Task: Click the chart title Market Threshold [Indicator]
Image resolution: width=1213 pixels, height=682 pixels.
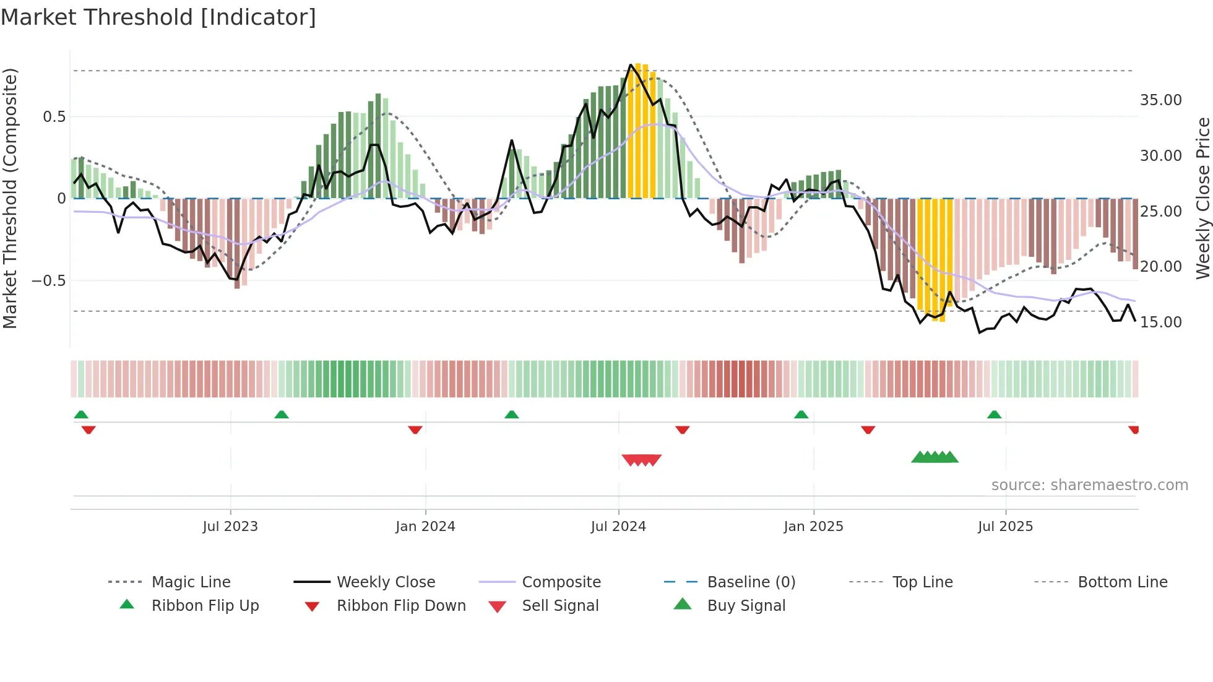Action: coord(158,17)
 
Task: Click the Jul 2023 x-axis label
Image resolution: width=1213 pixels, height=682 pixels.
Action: coord(230,527)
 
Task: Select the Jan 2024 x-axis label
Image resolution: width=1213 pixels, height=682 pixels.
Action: coord(425,527)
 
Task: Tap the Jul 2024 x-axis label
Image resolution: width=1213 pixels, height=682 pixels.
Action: coord(618,527)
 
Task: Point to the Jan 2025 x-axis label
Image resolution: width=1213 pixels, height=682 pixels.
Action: coord(813,527)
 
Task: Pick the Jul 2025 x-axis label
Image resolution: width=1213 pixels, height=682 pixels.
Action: coord(1006,527)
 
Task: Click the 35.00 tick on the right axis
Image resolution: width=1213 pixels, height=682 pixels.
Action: coord(1160,100)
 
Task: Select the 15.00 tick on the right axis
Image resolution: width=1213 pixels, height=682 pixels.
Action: coord(1160,322)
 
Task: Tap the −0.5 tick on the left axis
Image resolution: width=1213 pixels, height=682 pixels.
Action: coord(48,281)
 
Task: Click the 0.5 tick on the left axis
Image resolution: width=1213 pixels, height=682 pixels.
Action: coord(54,117)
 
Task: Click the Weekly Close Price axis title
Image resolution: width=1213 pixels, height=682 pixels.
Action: coord(1202,198)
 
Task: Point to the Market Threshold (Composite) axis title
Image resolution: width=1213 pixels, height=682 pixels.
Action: coord(10,198)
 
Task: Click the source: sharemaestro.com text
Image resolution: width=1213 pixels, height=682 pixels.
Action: coord(1089,485)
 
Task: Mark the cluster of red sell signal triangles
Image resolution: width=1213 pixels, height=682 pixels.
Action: coord(642,460)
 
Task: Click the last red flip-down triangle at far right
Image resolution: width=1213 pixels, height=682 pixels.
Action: coord(1133,429)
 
